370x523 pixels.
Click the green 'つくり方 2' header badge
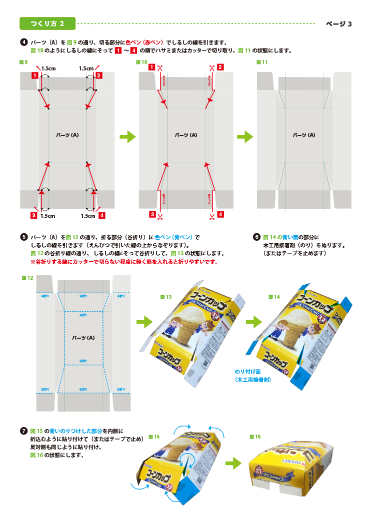point(47,23)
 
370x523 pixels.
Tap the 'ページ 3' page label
point(339,23)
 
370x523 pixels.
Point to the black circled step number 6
point(256,237)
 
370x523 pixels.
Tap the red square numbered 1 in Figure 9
point(34,75)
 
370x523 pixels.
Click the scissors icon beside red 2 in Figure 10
point(212,68)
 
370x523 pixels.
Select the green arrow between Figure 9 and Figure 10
point(128,136)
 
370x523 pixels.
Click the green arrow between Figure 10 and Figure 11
point(244,136)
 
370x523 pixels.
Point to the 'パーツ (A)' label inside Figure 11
point(304,135)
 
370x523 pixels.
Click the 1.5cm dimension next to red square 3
point(47,216)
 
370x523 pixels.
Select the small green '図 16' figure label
point(255,437)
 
